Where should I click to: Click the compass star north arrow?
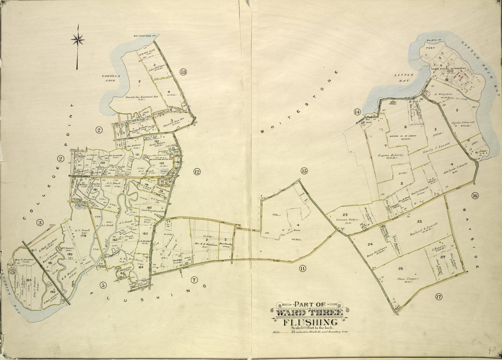pyautogui.click(x=77, y=40)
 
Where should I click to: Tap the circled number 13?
pyautogui.click(x=183, y=72)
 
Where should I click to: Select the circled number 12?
pyautogui.click(x=197, y=171)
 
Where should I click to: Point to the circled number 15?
pyautogui.click(x=304, y=171)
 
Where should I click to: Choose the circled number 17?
pyautogui.click(x=438, y=296)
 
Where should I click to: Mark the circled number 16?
pyautogui.click(x=475, y=195)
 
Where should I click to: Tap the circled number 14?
pyautogui.click(x=357, y=112)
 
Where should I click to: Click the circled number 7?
pyautogui.click(x=195, y=280)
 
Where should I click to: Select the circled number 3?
pyautogui.click(x=40, y=222)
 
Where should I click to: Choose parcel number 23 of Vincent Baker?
pyautogui.click(x=345, y=215)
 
